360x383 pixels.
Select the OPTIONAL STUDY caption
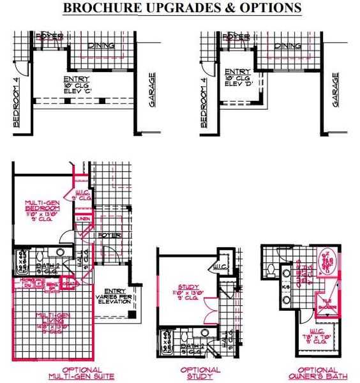200,373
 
